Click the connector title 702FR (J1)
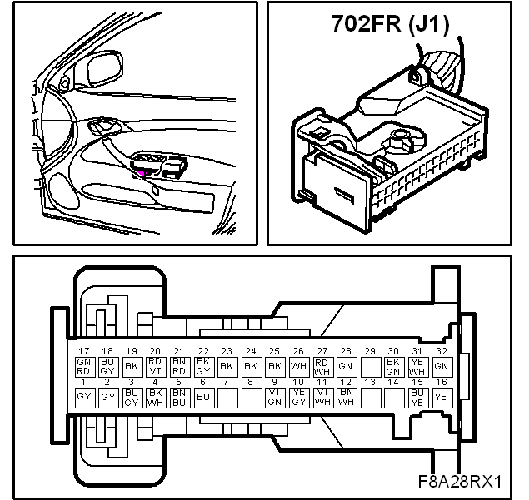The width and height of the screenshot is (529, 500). pyautogui.click(x=391, y=24)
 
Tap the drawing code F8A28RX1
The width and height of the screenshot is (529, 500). pyautogui.click(x=460, y=482)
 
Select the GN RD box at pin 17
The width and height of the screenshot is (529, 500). pyautogui.click(x=83, y=367)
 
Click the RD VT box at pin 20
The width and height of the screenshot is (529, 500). pyautogui.click(x=155, y=367)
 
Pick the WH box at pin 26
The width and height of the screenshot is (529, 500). pyautogui.click(x=298, y=367)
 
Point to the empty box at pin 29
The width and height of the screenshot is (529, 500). pyautogui.click(x=370, y=367)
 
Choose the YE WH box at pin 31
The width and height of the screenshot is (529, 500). pyautogui.click(x=417, y=367)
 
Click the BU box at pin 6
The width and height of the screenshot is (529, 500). pyautogui.click(x=203, y=398)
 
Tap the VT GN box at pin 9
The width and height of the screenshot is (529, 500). pyautogui.click(x=275, y=398)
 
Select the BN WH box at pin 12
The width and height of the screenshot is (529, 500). pyautogui.click(x=347, y=398)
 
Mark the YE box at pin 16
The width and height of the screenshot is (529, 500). pyautogui.click(x=442, y=398)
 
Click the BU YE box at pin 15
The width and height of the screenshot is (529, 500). pyautogui.click(x=417, y=398)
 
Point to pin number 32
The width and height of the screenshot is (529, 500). pyautogui.click(x=442, y=351)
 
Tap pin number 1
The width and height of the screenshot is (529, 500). pyautogui.click(x=83, y=382)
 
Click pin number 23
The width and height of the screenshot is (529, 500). pyautogui.click(x=227, y=351)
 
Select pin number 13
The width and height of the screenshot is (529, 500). pyautogui.click(x=370, y=382)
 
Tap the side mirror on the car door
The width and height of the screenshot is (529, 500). pyautogui.click(x=104, y=69)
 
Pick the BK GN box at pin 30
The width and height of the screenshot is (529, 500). pyautogui.click(x=394, y=367)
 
